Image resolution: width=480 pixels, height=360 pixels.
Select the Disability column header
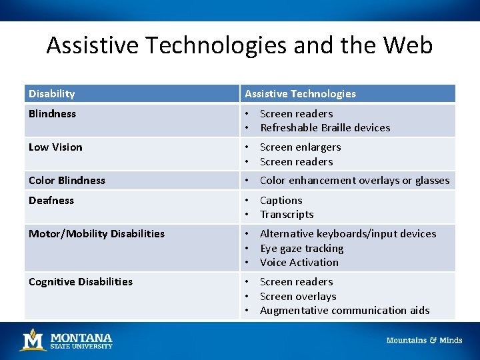pyautogui.click(x=52, y=94)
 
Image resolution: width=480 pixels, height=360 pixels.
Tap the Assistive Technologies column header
pyautogui.click(x=300, y=94)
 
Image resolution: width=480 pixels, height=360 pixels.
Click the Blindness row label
pyautogui.click(x=52, y=114)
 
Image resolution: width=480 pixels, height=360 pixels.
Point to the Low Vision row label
pyautogui.click(x=55, y=147)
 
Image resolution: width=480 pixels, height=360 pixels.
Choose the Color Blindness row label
pyautogui.click(x=67, y=181)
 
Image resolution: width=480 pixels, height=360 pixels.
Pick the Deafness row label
pyautogui.click(x=51, y=201)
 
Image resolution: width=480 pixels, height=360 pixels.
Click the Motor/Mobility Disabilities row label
pyautogui.click(x=97, y=234)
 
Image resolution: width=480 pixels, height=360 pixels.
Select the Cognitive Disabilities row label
pyautogui.click(x=81, y=282)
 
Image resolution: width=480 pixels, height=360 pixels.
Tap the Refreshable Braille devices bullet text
pyautogui.click(x=325, y=128)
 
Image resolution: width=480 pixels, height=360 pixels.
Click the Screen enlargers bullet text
pyautogui.click(x=300, y=147)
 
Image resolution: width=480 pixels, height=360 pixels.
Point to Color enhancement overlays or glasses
pyautogui.click(x=355, y=181)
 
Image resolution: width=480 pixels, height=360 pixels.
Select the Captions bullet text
pyautogui.click(x=281, y=201)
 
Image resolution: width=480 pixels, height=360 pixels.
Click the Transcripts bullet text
pyautogui.click(x=287, y=215)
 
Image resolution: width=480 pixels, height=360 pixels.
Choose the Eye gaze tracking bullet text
pyautogui.click(x=302, y=249)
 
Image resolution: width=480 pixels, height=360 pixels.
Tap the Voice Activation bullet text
pyautogui.click(x=299, y=263)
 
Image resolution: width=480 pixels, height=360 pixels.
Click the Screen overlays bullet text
pyautogui.click(x=298, y=297)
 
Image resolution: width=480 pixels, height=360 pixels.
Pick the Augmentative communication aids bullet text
pyautogui.click(x=345, y=311)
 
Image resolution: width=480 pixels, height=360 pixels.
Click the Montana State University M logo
pyautogui.click(x=32, y=340)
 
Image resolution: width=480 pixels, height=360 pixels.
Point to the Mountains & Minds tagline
pyautogui.click(x=424, y=341)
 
